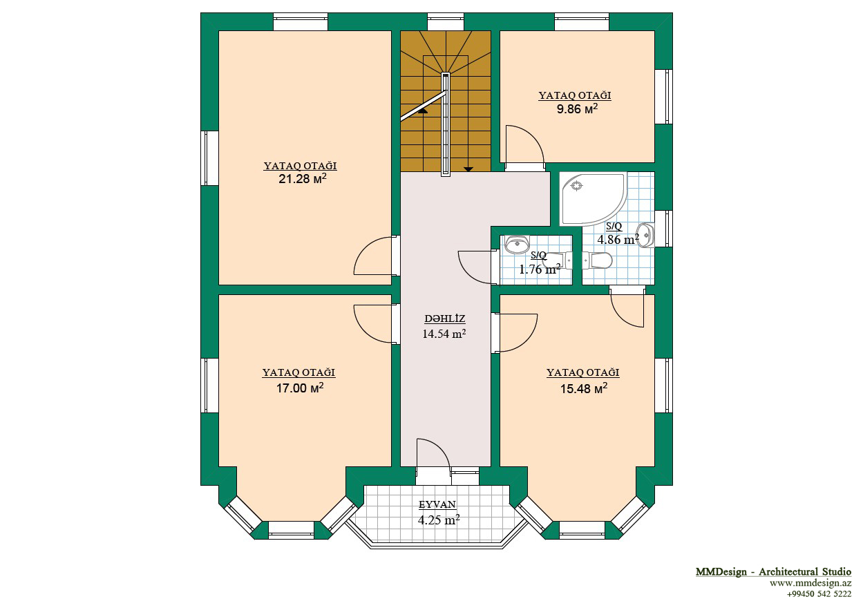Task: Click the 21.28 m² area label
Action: click(x=303, y=179)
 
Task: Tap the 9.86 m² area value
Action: click(x=577, y=109)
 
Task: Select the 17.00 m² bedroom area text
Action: click(x=300, y=388)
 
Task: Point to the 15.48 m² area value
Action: click(x=584, y=388)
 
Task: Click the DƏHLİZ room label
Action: click(x=444, y=319)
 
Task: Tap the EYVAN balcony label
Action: click(x=437, y=504)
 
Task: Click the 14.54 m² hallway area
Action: click(x=444, y=334)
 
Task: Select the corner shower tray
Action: click(x=593, y=199)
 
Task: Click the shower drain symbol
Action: click(x=576, y=186)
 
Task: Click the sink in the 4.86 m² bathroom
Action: click(x=647, y=235)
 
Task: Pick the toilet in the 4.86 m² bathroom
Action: click(x=597, y=260)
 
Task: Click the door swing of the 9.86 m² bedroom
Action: click(x=524, y=144)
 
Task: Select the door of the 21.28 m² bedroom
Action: click(x=373, y=256)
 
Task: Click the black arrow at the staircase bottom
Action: click(x=468, y=169)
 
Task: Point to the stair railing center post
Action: click(x=446, y=124)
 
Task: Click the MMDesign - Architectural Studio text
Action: click(x=773, y=571)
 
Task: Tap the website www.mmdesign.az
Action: click(x=810, y=583)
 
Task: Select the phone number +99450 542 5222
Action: click(x=819, y=593)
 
